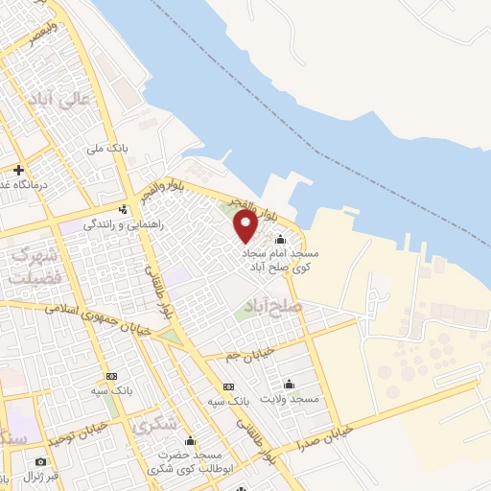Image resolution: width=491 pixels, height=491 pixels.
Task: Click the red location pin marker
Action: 246,225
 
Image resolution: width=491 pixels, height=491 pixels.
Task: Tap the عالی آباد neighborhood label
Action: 73,98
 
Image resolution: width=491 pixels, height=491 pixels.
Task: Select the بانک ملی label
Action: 106,149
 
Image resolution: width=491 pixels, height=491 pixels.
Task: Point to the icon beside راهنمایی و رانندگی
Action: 122,209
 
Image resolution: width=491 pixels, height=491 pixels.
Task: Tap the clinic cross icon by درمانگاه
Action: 18,170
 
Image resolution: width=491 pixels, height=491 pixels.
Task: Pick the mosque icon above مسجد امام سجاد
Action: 280,240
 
